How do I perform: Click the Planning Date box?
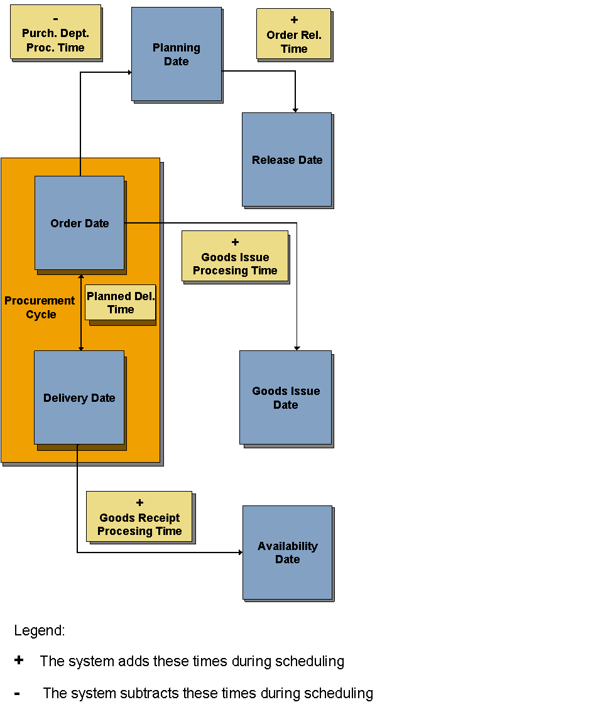click(x=177, y=54)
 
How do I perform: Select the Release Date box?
click(x=286, y=159)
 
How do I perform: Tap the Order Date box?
click(x=79, y=223)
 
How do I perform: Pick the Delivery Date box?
click(x=79, y=397)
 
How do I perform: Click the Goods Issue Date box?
click(x=285, y=397)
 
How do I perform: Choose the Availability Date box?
click(x=287, y=553)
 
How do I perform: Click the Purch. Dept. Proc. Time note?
click(x=55, y=32)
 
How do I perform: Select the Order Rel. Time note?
click(x=293, y=34)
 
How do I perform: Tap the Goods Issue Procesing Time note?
click(x=235, y=256)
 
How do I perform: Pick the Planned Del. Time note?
click(x=120, y=303)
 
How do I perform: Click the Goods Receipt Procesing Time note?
click(x=139, y=517)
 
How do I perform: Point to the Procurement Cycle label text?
click(x=40, y=308)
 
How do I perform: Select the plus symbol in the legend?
click(x=19, y=660)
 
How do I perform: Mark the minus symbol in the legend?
click(x=17, y=694)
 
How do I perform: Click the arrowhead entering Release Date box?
click(x=295, y=110)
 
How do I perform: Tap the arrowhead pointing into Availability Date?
click(x=240, y=553)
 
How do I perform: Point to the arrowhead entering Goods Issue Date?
click(x=297, y=348)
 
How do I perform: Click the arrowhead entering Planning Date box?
click(x=129, y=72)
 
